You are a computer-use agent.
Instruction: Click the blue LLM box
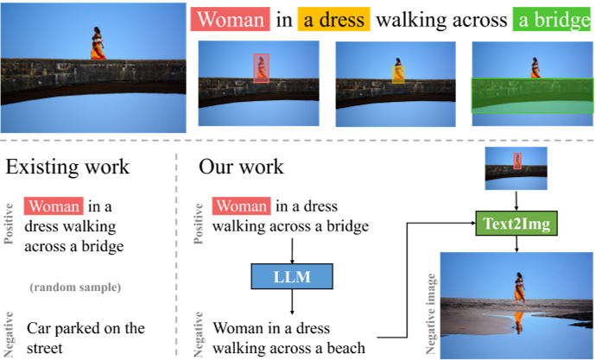(294, 276)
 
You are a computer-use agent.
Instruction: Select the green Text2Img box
(517, 225)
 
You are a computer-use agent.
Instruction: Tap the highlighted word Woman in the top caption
(231, 21)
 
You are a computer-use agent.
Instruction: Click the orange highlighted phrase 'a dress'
(334, 21)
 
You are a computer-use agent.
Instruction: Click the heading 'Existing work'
(67, 167)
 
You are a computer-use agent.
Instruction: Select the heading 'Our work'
(241, 167)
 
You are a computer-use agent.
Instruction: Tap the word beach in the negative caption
(344, 348)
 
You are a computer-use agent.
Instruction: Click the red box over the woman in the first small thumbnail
(261, 68)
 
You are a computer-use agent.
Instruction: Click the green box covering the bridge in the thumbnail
(532, 95)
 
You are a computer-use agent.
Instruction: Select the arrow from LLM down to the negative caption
(294, 303)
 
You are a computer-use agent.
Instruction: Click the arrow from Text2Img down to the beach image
(517, 244)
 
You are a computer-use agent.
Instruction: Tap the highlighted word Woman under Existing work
(54, 206)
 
